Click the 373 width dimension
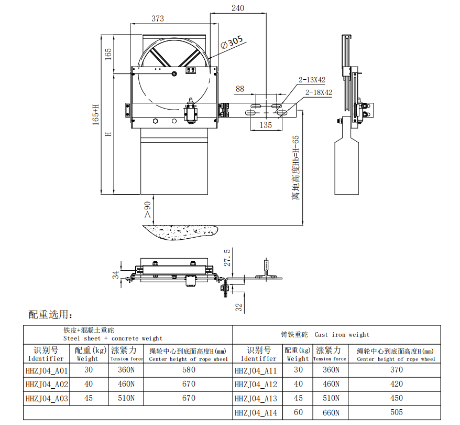[x=158, y=19]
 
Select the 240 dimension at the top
[x=238, y=8]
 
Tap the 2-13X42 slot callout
[x=312, y=80]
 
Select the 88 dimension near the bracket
[x=239, y=89]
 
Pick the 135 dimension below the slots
[x=266, y=125]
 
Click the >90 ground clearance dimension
[x=147, y=209]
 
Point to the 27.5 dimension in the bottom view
[x=227, y=258]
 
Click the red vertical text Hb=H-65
[x=296, y=167]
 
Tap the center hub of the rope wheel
[x=174, y=75]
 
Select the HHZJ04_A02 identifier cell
[x=47, y=384]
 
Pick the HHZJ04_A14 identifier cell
[x=256, y=413]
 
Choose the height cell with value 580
[x=188, y=369]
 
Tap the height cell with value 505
[x=397, y=413]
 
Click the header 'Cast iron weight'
[x=342, y=334]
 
